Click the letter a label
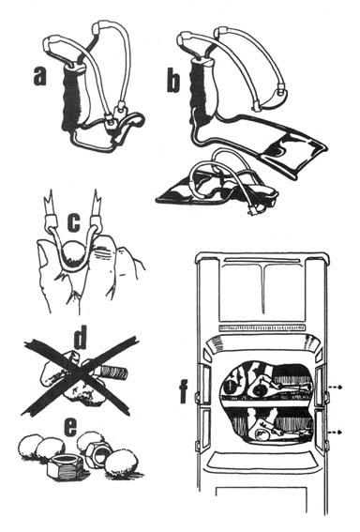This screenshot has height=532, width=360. (38, 76)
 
